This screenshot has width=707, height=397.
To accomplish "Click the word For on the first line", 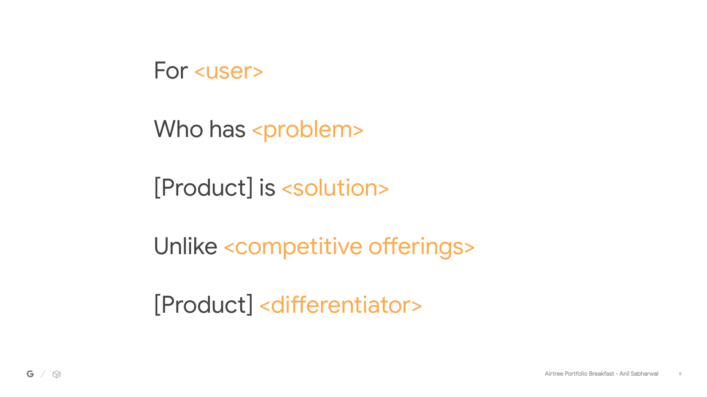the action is click(x=171, y=71).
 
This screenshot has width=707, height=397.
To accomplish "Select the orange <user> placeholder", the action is click(x=229, y=71).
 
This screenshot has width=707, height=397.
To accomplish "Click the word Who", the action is click(x=178, y=129).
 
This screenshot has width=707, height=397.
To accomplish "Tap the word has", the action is click(x=227, y=129).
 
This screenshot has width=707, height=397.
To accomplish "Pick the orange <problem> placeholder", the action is click(x=308, y=130).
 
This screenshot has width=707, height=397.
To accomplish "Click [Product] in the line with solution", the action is click(x=203, y=188).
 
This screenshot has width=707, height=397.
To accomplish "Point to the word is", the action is click(x=267, y=188).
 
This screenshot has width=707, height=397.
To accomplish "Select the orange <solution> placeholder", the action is click(x=335, y=188).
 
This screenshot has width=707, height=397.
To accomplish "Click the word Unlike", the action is click(x=186, y=246).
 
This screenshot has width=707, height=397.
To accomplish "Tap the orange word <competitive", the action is click(x=293, y=247).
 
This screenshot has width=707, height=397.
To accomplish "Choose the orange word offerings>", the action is click(x=422, y=247).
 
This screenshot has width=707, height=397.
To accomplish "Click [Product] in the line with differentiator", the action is click(x=203, y=305).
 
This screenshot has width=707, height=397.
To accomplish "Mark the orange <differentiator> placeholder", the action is click(x=340, y=305).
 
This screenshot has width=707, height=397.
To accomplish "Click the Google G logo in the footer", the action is click(x=30, y=374).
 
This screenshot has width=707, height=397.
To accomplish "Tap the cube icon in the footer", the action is click(x=56, y=374).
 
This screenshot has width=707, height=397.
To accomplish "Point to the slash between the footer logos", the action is click(x=43, y=374).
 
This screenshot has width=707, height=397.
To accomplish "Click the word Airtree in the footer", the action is click(x=554, y=373).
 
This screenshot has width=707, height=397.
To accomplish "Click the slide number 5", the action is click(x=680, y=374).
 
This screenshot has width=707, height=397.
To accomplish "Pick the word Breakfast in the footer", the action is click(x=601, y=373).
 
